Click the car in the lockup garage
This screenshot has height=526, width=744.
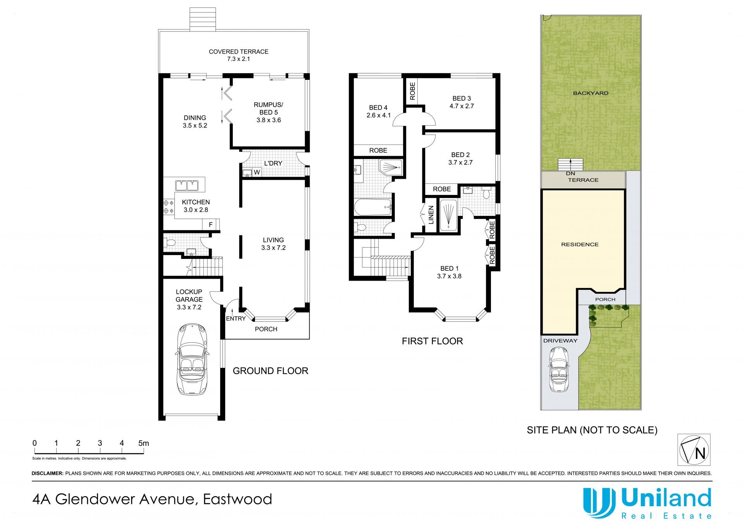[192, 359]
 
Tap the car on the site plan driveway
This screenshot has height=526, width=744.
[558, 370]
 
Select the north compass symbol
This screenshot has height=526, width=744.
[694, 450]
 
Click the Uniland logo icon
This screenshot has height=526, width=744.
[599, 503]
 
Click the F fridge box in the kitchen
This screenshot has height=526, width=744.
[211, 224]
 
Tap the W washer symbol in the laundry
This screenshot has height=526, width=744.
[257, 172]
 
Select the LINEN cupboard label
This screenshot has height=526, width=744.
[431, 215]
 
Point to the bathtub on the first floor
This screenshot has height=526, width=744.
[373, 207]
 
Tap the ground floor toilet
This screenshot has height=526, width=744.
[170, 243]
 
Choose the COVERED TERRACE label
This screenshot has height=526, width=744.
[239, 52]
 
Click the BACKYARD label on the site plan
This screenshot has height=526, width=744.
[591, 93]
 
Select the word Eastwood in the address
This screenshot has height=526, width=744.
[238, 499]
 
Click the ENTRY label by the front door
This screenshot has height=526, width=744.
[236, 319]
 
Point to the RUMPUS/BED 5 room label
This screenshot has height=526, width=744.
[269, 109]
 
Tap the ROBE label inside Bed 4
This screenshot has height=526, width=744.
[378, 150]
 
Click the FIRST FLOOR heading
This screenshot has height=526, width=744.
[432, 341]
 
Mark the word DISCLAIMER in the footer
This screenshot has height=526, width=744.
[47, 473]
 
